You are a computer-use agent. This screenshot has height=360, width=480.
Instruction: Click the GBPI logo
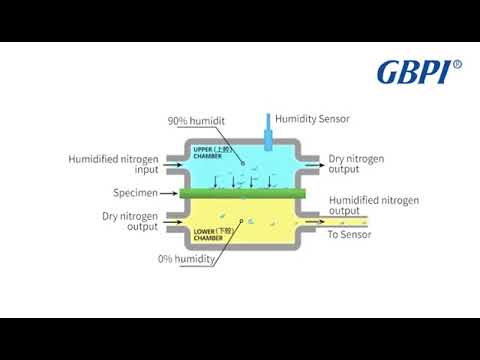[413, 72]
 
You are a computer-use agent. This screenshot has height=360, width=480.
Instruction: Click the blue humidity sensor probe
[268, 125]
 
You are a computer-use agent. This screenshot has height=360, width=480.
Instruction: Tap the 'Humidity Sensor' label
[313, 117]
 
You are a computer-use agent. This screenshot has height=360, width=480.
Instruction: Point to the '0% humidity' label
[188, 260]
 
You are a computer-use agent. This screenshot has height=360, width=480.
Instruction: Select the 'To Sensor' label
[350, 235]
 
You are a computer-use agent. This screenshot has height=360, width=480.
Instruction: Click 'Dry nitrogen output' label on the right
[357, 164]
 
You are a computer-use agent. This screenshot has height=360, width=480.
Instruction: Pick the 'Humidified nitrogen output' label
[373, 205]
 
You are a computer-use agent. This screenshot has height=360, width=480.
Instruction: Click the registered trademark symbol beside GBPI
[458, 65]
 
